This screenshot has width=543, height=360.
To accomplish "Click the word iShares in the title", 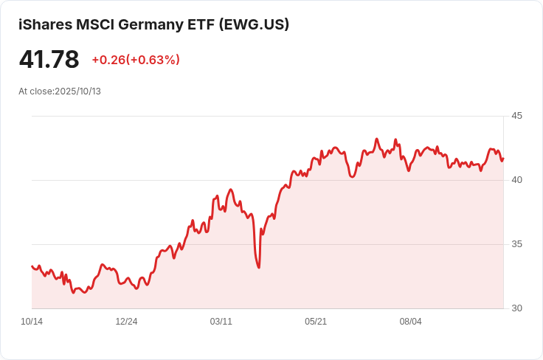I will pyautogui.click(x=45, y=24).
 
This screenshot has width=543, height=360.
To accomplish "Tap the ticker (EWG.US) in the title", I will pyautogui.click(x=254, y=24).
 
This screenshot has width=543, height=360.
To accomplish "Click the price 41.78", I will pyautogui.click(x=49, y=59).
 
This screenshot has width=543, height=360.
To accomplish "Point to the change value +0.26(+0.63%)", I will pyautogui.click(x=136, y=60).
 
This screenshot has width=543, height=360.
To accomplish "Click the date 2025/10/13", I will pyautogui.click(x=77, y=91).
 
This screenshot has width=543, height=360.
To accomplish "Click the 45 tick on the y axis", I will pyautogui.click(x=516, y=116).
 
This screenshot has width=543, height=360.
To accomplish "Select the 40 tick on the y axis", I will pyautogui.click(x=516, y=180).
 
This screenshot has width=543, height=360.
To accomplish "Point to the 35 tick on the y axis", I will pyautogui.click(x=516, y=244).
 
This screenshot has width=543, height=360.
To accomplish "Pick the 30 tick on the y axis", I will pyautogui.click(x=516, y=308).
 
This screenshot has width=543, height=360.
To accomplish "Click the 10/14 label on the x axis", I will pyautogui.click(x=32, y=322).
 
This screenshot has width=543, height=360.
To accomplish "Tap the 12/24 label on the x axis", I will pyautogui.click(x=126, y=322).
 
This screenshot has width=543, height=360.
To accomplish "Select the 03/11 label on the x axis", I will pyautogui.click(x=221, y=322).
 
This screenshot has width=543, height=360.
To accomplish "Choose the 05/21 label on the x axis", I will pyautogui.click(x=316, y=322).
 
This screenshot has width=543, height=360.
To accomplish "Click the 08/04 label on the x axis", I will pyautogui.click(x=410, y=322).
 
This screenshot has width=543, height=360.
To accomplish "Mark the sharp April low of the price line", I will pyautogui.click(x=258, y=267).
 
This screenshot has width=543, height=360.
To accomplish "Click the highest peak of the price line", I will pyautogui.click(x=376, y=139).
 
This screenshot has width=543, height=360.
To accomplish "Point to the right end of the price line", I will pyautogui.click(x=502, y=159).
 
